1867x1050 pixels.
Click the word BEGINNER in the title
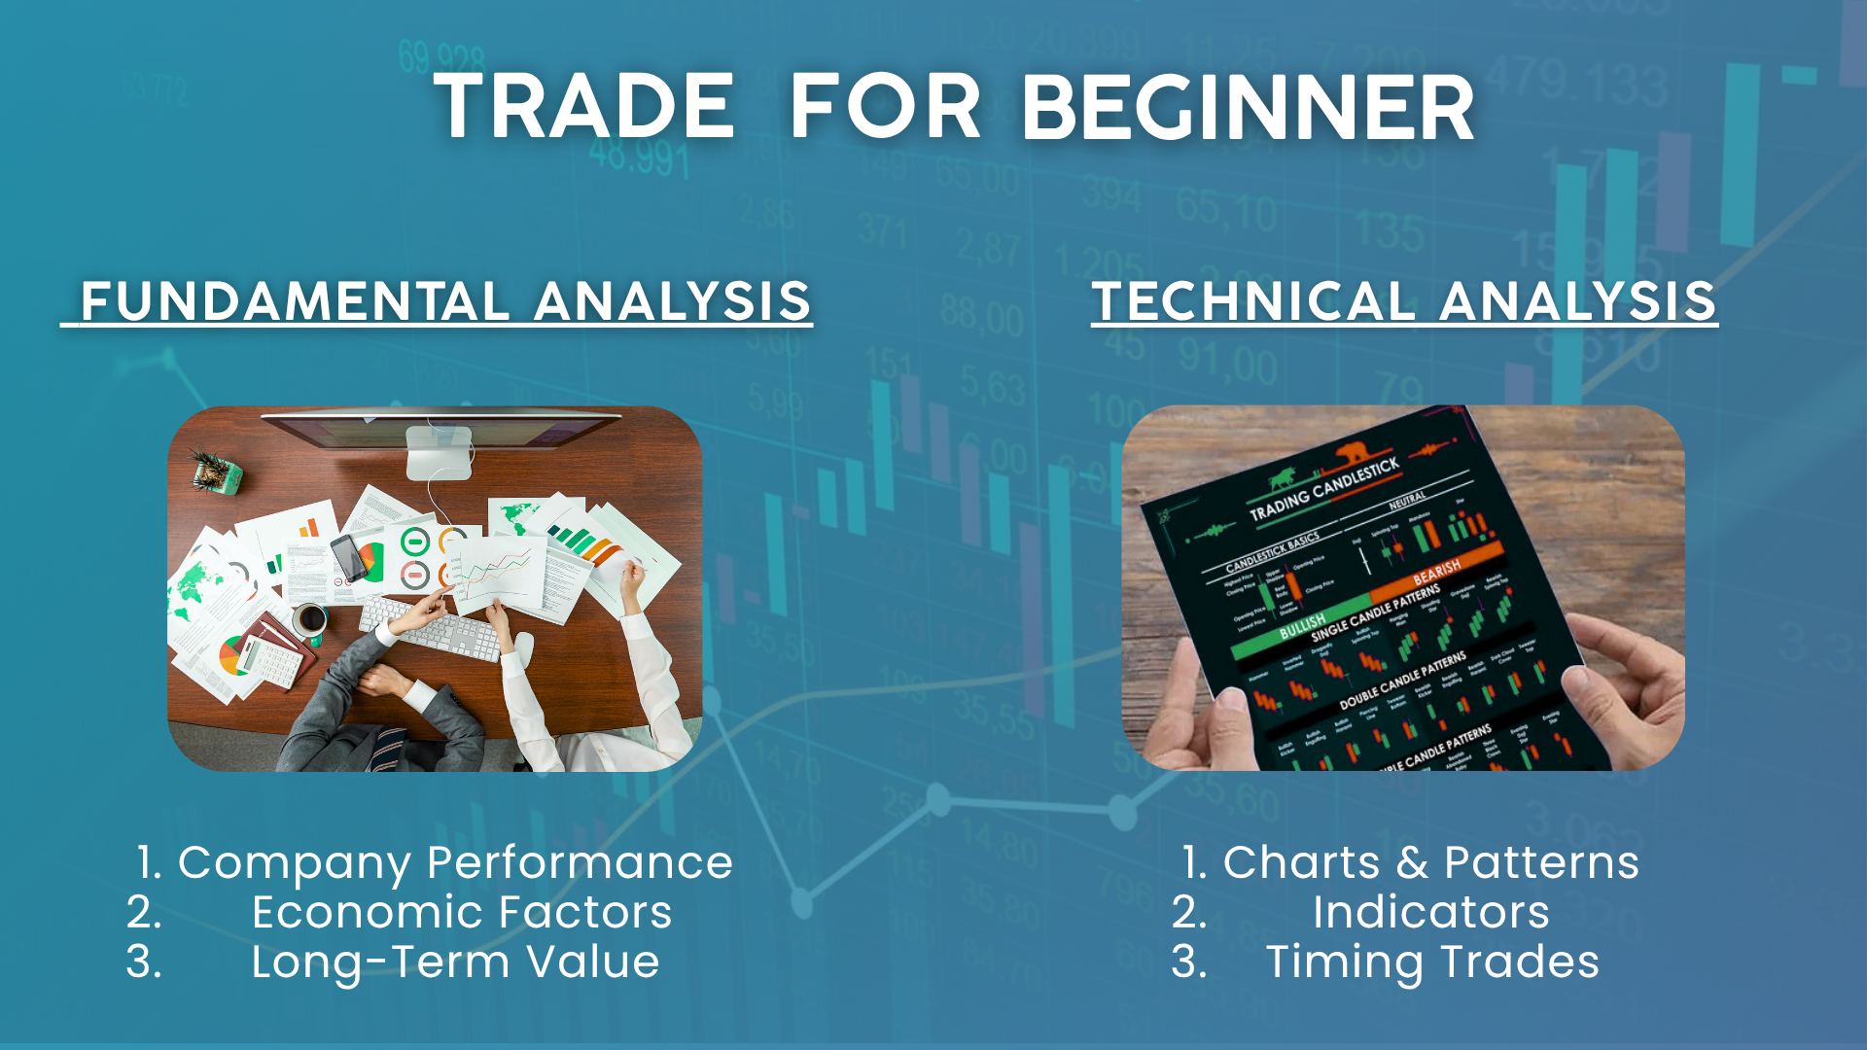pos(1248,107)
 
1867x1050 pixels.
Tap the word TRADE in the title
pos(583,107)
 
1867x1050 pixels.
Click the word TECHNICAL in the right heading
pos(1253,301)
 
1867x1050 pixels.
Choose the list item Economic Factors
pos(461,912)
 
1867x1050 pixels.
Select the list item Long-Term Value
pos(455,962)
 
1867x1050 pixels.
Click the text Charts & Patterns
pos(1430,862)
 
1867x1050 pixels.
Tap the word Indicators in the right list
pos(1430,912)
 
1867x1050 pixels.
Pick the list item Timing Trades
pos(1431,962)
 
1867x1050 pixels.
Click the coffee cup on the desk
pos(310,618)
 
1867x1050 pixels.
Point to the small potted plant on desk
pos(215,472)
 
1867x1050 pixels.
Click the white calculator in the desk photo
pos(269,661)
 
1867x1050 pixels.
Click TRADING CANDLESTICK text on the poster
pos(1323,489)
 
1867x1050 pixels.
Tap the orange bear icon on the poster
pos(1354,452)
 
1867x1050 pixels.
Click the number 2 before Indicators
pos(1189,912)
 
